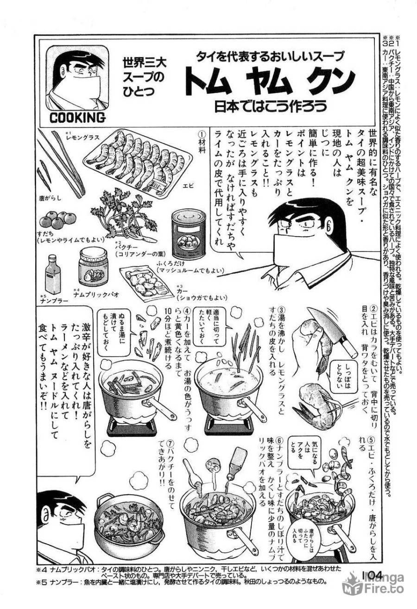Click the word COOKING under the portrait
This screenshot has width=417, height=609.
click(77, 118)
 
